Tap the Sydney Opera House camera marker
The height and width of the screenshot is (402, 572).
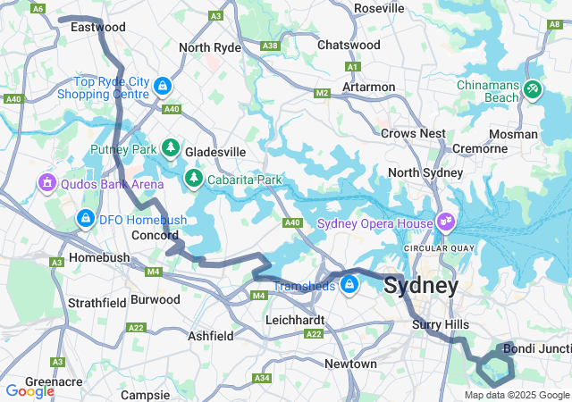click(x=445, y=221)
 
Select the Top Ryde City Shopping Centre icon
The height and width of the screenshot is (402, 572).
click(x=163, y=86)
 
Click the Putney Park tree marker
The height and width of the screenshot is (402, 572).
click(x=171, y=148)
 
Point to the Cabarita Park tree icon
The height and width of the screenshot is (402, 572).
click(x=194, y=180)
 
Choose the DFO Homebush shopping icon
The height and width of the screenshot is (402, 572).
click(x=86, y=217)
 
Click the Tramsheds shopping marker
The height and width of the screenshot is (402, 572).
click(x=349, y=285)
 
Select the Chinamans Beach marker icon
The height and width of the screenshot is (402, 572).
click(x=534, y=89)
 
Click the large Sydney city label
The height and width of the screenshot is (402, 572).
click(x=421, y=286)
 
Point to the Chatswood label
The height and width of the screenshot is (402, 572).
click(x=349, y=44)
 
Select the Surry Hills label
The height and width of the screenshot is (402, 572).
click(x=434, y=324)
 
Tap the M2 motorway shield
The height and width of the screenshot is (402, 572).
click(x=323, y=93)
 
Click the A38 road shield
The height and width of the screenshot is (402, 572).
click(x=269, y=46)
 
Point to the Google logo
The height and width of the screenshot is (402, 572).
click(x=29, y=390)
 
